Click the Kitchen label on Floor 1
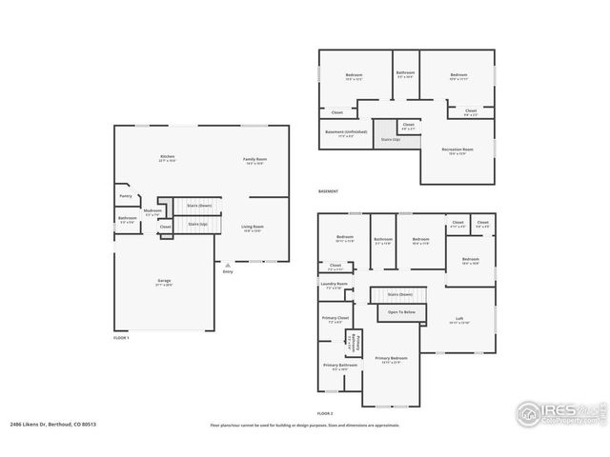click(167, 156)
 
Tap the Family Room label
click(254, 159)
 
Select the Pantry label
click(126, 196)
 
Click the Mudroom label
click(152, 211)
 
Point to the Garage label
click(164, 281)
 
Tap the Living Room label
click(253, 226)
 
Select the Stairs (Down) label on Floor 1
click(198, 205)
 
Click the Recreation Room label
click(457, 149)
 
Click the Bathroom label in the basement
click(405, 72)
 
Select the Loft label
click(459, 318)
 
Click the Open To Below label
click(401, 311)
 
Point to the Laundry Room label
click(335, 284)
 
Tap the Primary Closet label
click(335, 320)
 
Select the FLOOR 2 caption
click(325, 413)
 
